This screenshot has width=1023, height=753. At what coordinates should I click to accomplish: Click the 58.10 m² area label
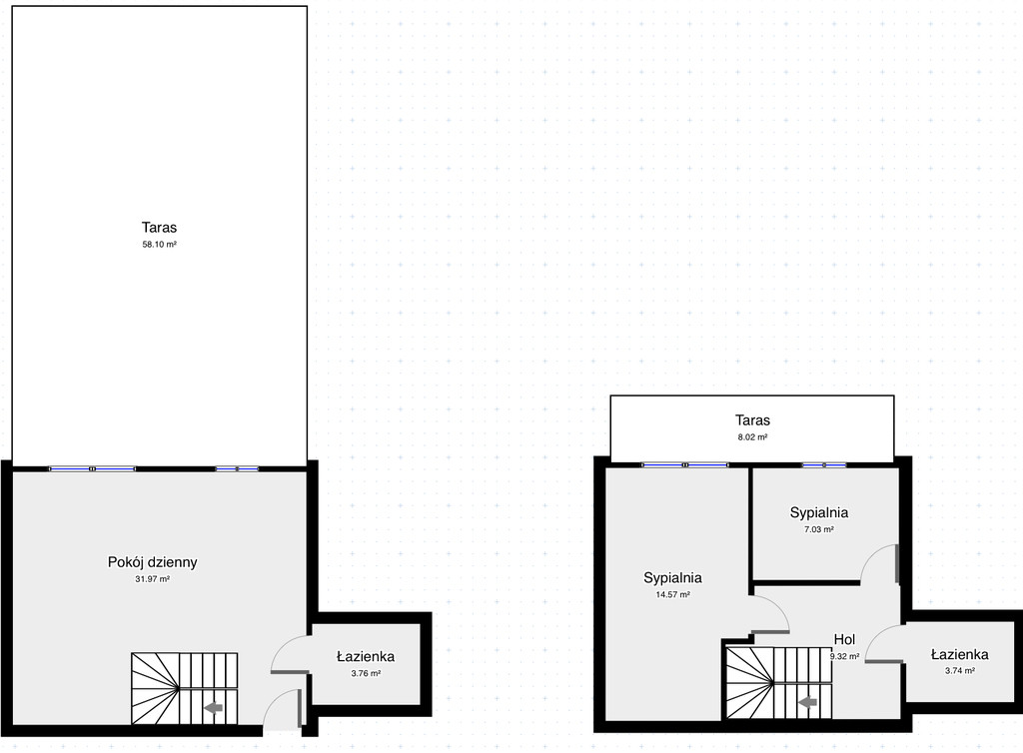point(159,245)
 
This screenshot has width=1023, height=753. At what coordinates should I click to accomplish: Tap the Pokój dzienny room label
point(152,562)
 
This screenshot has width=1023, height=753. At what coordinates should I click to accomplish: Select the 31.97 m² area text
point(152,579)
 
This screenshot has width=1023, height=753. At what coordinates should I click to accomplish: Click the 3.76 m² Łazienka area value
point(366,673)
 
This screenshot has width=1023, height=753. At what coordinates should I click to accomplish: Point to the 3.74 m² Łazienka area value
point(960,670)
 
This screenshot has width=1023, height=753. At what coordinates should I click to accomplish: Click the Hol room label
point(844,639)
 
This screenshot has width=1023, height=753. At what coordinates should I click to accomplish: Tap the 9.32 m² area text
point(844,656)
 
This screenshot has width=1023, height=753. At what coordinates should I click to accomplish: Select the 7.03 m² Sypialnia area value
point(819,529)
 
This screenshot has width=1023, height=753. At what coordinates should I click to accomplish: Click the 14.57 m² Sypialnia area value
point(672,594)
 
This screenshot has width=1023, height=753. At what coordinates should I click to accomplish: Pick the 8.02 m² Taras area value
point(752,437)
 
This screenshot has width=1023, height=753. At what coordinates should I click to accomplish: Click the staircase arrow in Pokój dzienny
point(214,707)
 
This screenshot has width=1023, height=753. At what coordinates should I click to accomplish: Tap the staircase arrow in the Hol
point(808,702)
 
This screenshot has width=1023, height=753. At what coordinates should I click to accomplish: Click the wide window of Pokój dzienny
point(92,468)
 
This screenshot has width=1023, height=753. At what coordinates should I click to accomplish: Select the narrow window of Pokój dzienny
point(237,468)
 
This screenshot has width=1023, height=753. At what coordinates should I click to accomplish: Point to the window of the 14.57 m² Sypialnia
point(685,464)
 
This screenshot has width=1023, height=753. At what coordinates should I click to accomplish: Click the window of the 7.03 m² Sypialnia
point(824,464)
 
